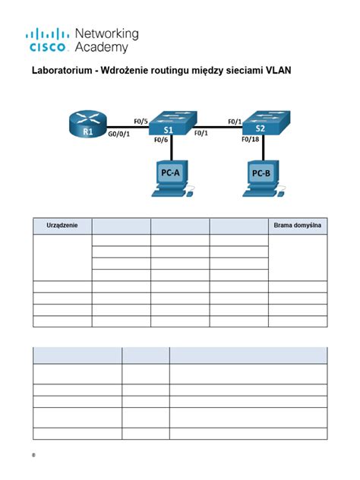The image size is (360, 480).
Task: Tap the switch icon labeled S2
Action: point(259,124)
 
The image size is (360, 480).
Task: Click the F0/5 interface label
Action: point(140,120)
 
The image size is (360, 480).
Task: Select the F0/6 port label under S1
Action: point(160,140)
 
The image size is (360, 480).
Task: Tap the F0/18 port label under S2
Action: point(250,140)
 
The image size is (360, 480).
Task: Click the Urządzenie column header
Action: point(62,226)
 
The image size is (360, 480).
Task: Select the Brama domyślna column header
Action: point(298,226)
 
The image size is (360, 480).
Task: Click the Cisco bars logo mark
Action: point(49,34)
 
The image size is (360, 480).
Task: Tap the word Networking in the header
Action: point(107,34)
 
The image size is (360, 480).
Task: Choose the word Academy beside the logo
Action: point(100,47)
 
